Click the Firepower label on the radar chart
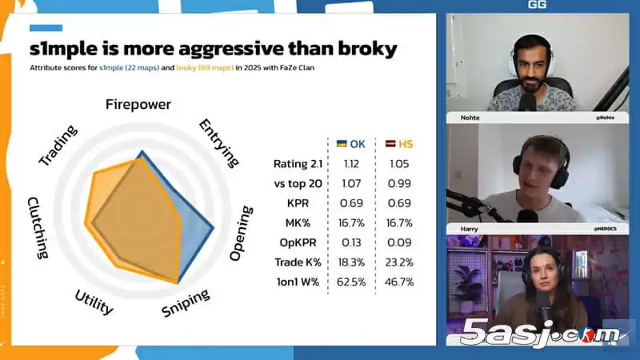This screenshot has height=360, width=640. (138, 105)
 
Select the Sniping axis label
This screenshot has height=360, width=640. (186, 304)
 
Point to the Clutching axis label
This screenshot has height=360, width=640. (38, 227)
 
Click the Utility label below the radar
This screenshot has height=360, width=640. (94, 302)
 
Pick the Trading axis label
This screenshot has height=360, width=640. (58, 146)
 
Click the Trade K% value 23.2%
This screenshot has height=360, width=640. (399, 262)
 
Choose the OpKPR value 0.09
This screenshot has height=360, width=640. (399, 242)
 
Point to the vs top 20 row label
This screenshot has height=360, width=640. (296, 183)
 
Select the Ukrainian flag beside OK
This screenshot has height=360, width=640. (342, 144)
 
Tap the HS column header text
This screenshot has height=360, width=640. (406, 144)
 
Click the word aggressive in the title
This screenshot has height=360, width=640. (234, 49)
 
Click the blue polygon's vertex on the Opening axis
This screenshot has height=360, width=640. (213, 230)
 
